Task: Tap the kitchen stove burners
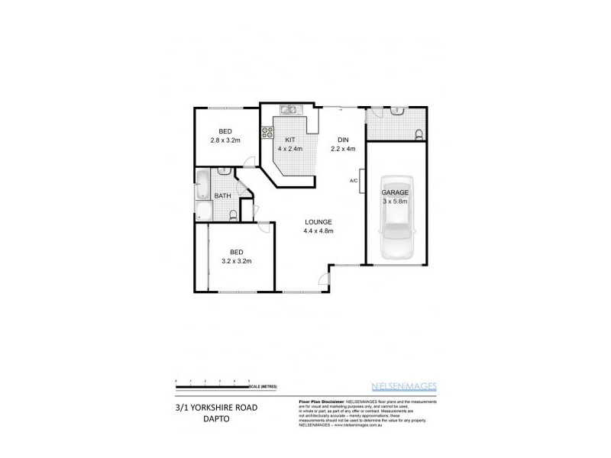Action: pyautogui.click(x=268, y=134)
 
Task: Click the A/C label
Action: pyautogui.click(x=353, y=181)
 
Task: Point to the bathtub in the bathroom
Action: pyautogui.click(x=204, y=183)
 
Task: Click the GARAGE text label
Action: pyautogui.click(x=395, y=192)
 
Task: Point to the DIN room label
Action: pyautogui.click(x=344, y=140)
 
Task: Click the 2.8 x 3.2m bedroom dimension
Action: pyautogui.click(x=225, y=140)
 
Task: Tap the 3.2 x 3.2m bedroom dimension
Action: pyautogui.click(x=237, y=261)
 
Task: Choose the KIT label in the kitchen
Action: pyautogui.click(x=290, y=140)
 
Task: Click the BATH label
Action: pyautogui.click(x=222, y=196)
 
